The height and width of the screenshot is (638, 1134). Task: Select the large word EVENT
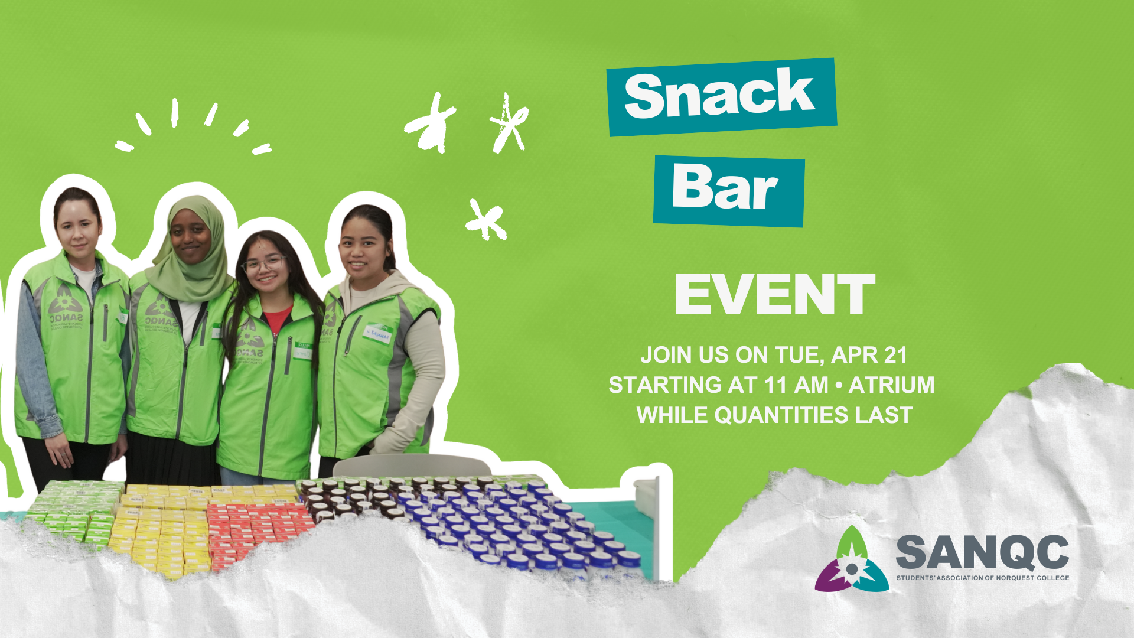[774, 295]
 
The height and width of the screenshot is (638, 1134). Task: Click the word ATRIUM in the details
[891, 385]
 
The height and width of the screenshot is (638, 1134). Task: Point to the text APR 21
[869, 355]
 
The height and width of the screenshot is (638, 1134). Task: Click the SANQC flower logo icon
[851, 561]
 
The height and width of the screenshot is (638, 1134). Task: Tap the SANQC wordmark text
[982, 552]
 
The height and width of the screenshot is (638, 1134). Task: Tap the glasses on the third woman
[264, 263]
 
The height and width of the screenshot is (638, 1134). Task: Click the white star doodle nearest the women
[485, 220]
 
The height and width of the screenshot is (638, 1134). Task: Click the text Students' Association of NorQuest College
[982, 578]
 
